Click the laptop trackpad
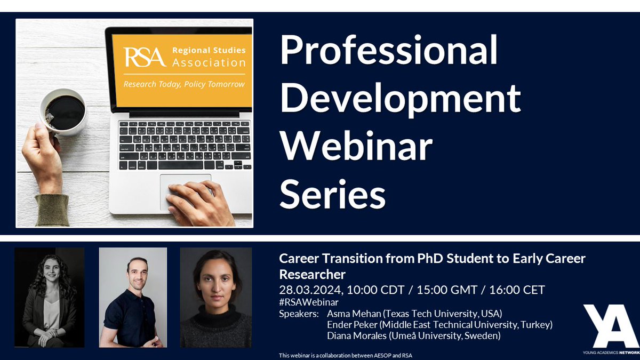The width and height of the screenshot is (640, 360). (185, 187)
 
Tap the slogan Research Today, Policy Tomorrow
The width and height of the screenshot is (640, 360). (184, 84)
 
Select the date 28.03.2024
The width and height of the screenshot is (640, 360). (311, 290)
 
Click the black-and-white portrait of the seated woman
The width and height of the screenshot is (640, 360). (49, 297)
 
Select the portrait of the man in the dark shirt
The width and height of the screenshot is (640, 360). (133, 297)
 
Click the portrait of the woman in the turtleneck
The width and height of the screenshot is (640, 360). (215, 297)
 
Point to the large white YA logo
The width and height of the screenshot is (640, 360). (610, 326)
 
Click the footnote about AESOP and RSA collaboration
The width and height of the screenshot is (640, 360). (346, 355)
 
